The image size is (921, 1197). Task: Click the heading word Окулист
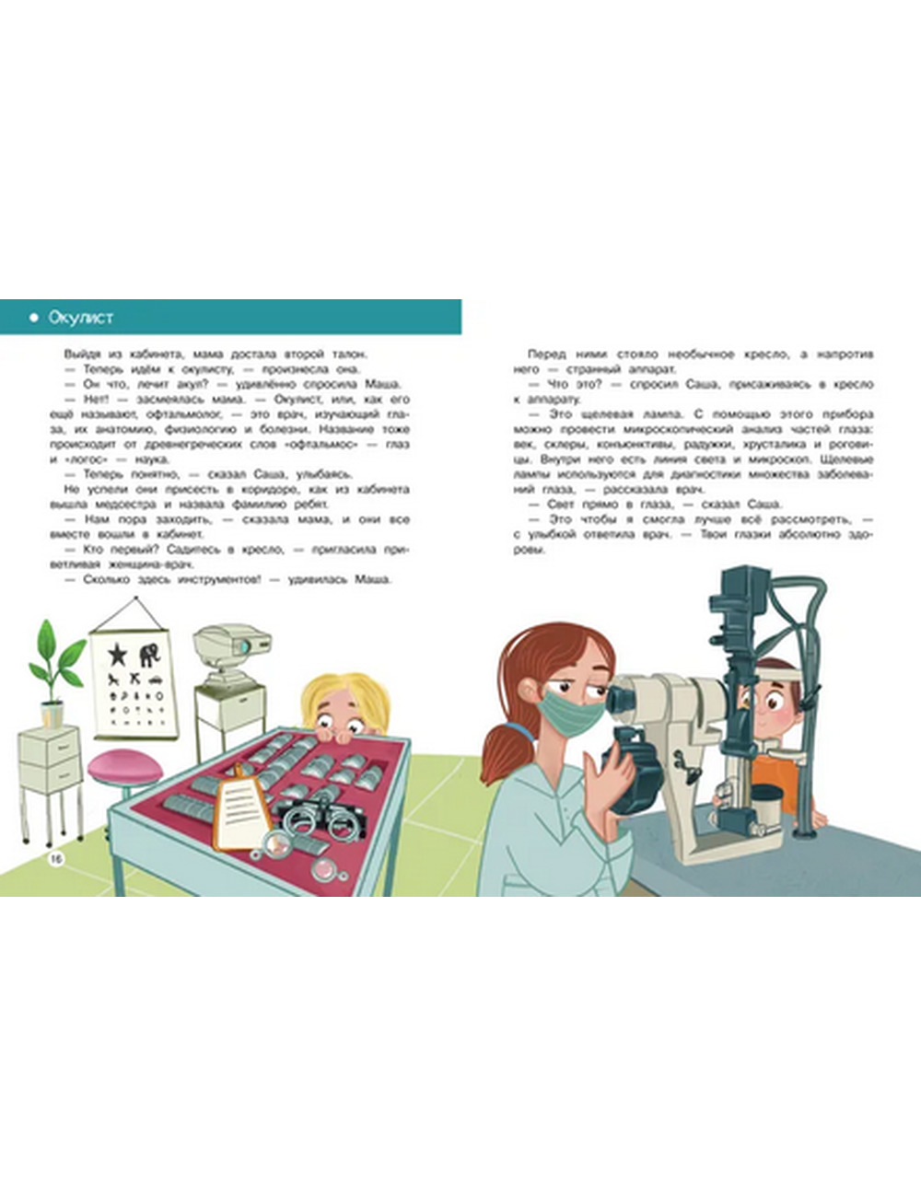click(x=81, y=318)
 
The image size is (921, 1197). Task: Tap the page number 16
click(x=56, y=857)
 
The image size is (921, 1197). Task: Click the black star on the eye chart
click(x=117, y=654)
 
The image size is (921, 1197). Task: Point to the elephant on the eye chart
click(x=151, y=655)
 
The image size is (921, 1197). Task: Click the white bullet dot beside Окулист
click(x=34, y=318)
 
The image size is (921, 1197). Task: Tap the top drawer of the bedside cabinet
click(x=50, y=746)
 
